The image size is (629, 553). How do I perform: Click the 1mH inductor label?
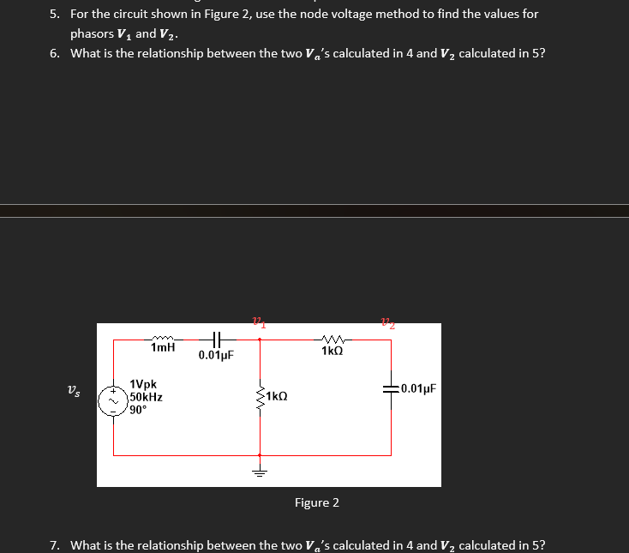tap(163, 348)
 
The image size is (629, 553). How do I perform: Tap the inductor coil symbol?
tap(162, 338)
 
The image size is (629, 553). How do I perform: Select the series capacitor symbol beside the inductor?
tap(216, 339)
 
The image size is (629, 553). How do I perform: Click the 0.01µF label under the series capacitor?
tap(216, 354)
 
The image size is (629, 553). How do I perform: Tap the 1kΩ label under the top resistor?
tap(334, 352)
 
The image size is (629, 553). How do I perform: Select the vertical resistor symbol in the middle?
tap(260, 397)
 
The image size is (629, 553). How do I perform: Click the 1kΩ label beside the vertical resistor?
tap(277, 397)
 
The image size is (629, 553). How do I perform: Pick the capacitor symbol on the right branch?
tap(392, 388)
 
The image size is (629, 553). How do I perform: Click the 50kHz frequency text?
tap(147, 398)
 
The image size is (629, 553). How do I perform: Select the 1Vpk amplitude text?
tap(143, 386)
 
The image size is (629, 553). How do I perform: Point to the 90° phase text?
tap(139, 410)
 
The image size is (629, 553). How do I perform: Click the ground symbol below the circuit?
tap(260, 472)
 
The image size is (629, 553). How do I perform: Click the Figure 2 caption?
tap(316, 502)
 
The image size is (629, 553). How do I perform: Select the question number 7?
tap(55, 545)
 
